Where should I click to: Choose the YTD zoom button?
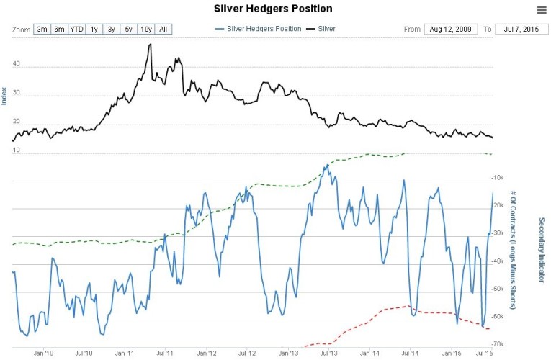click(76, 30)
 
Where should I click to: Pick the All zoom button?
click(163, 30)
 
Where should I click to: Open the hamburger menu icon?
click(542, 9)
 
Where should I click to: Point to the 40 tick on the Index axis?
click(16, 65)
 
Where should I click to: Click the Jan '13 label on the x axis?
click(288, 354)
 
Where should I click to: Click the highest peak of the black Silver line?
click(150, 45)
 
